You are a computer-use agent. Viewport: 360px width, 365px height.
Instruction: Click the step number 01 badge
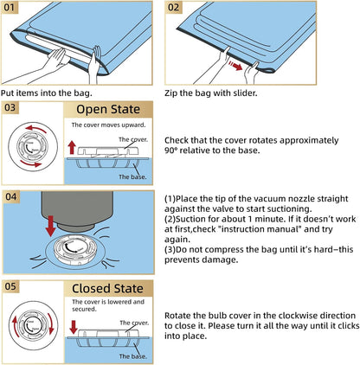tap(10, 7)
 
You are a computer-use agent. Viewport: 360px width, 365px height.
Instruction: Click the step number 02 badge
tap(173, 7)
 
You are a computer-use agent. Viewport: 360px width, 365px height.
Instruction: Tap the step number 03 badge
tap(10, 107)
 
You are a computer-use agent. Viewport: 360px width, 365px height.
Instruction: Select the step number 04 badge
tap(11, 197)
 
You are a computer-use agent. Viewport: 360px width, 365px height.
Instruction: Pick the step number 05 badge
tap(10, 286)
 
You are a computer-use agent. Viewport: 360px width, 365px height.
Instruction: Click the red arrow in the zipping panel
tap(235, 66)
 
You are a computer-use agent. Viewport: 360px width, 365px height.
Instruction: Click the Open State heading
tap(108, 109)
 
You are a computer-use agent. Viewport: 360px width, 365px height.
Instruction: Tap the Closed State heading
tap(107, 289)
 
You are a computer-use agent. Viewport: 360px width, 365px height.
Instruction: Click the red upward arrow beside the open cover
tap(72, 148)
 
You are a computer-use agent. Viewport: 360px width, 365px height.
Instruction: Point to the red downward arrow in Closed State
tap(74, 327)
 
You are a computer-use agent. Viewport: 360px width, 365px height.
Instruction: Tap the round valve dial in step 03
tap(33, 146)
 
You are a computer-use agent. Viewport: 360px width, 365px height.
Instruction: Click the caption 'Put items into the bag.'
tap(47, 93)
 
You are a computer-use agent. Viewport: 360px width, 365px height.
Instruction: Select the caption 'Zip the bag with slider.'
tap(210, 93)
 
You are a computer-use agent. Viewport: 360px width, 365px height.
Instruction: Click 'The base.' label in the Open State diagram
tap(132, 176)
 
